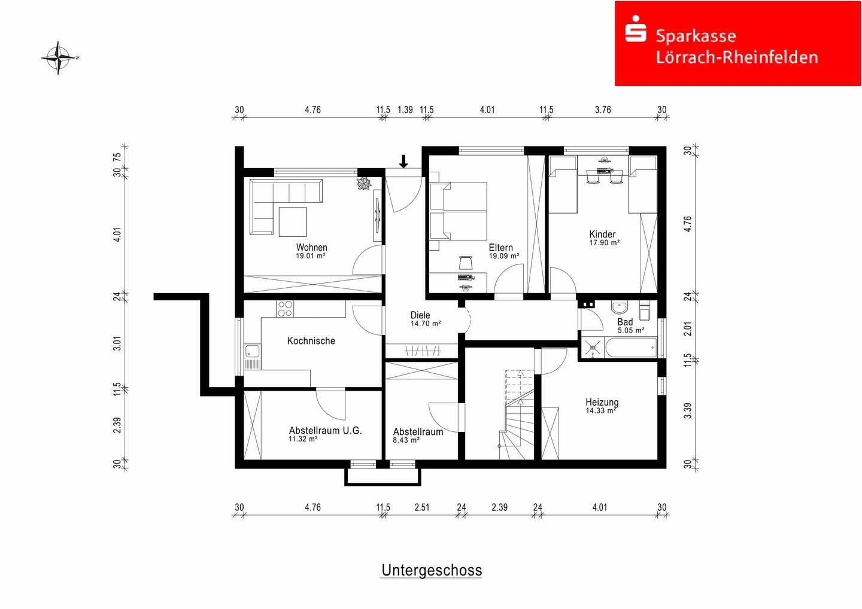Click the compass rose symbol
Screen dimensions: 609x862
59,58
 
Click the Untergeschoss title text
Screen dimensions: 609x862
432,570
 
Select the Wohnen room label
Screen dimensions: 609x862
311,247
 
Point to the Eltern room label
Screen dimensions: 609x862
500,247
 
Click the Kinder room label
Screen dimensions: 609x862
602,234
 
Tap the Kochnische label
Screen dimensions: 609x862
311,341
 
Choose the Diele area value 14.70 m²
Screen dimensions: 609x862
426,324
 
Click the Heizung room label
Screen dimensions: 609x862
602,402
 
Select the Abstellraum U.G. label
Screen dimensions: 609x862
325,430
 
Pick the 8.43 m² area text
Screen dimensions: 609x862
406,440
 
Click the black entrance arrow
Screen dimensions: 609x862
403,161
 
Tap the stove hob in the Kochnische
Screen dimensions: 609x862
285,308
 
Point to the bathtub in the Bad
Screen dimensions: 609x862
630,347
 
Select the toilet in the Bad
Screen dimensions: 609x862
645,312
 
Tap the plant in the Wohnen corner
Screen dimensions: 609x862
363,184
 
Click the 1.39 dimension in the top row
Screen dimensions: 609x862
405,110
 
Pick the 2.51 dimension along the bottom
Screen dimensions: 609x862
422,507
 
